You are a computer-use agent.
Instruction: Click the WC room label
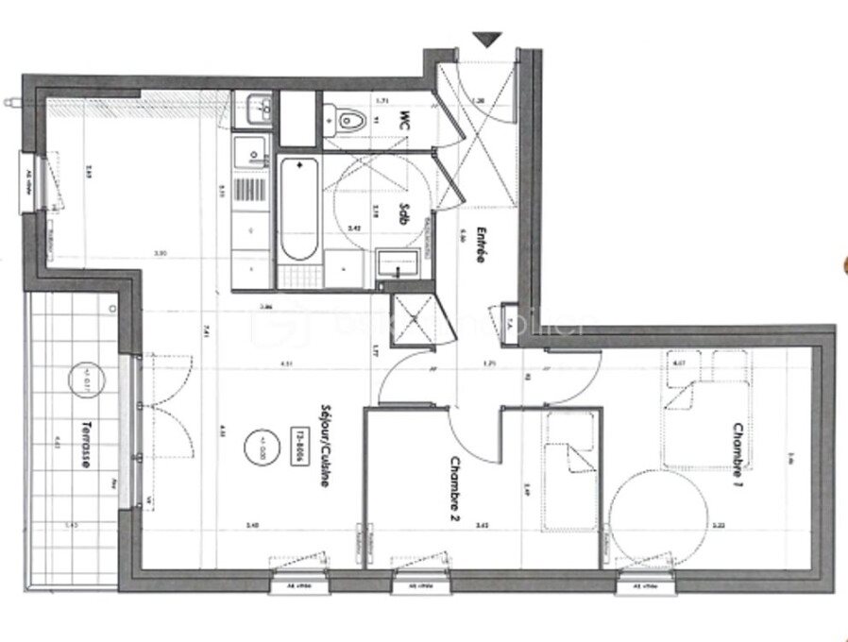tap(405, 121)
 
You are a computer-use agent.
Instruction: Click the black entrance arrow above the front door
tap(488, 39)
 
